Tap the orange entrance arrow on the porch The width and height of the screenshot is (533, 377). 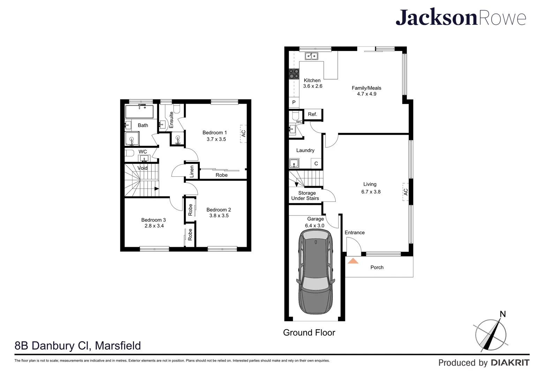point(353,261)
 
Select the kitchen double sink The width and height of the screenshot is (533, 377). point(311,56)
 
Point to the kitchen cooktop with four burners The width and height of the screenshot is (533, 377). point(294,73)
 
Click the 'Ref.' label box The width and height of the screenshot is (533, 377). point(313,114)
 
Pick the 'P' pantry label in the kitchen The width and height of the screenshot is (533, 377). point(294,102)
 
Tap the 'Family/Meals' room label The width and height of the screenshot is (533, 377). point(366,88)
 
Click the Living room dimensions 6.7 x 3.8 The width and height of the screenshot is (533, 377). point(371,192)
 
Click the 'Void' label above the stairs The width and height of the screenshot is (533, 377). point(142,168)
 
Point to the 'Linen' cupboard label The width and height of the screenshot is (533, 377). point(192,172)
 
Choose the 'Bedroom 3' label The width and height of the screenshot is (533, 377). point(153,220)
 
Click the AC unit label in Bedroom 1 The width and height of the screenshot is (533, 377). point(243,133)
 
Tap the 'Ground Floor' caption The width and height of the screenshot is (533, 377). point(309,333)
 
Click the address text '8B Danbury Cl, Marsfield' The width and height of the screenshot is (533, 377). point(78,346)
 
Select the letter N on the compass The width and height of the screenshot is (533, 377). point(503,314)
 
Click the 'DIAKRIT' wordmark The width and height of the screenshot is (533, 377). point(510,363)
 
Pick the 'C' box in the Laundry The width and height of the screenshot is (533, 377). point(316,163)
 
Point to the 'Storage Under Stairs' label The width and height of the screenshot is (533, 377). point(306,195)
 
